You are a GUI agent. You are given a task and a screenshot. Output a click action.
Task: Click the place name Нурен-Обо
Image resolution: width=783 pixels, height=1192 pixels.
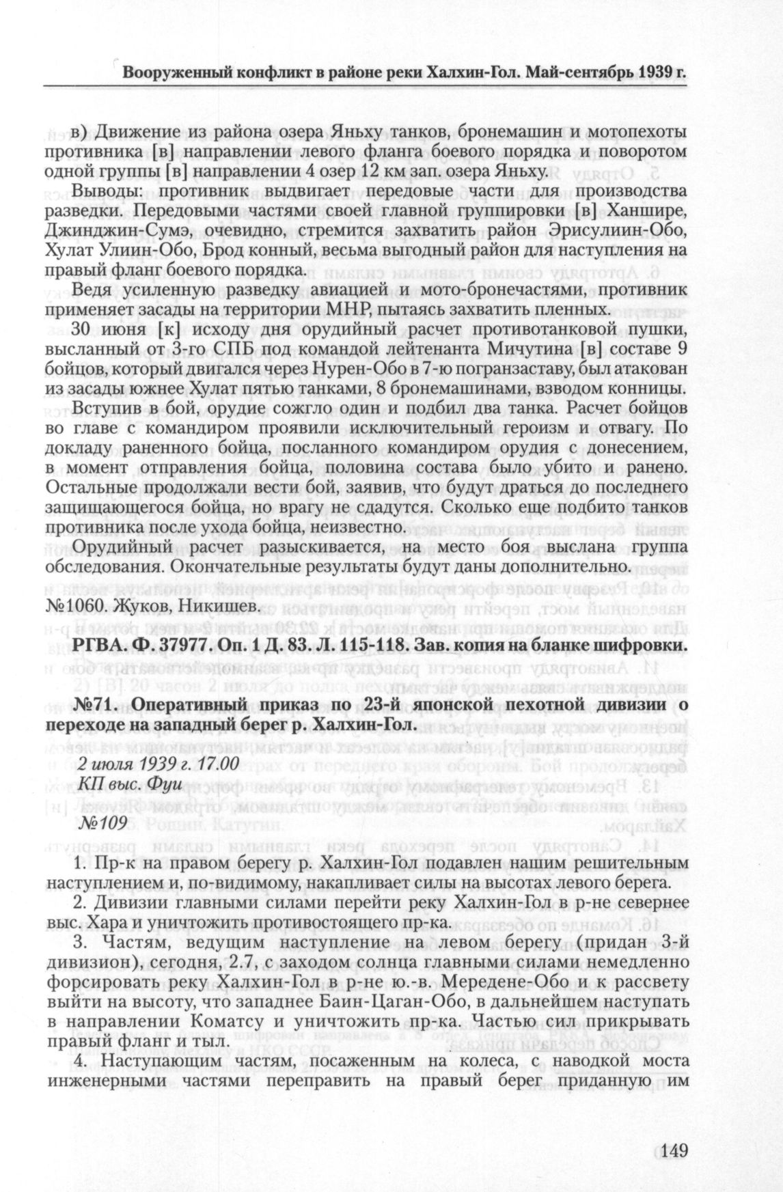coord(348,370)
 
